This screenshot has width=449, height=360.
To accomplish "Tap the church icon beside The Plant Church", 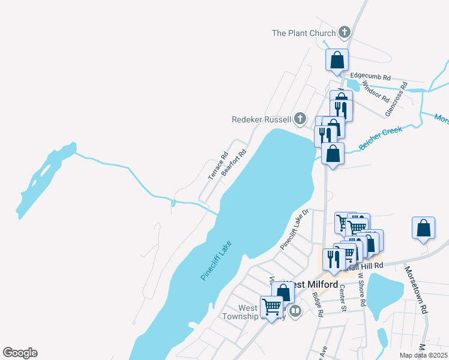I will click(x=344, y=32).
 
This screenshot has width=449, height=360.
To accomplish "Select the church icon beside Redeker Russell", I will click(x=300, y=119).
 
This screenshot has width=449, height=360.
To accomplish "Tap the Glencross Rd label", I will click(x=396, y=100).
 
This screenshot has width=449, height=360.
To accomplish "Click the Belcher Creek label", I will click(x=381, y=139).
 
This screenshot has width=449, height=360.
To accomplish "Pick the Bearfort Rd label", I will click(x=234, y=162).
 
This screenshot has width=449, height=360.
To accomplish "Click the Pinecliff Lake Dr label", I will click(x=294, y=229).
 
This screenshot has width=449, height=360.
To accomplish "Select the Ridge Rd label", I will click(x=318, y=304).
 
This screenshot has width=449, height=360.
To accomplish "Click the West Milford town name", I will click(x=306, y=284).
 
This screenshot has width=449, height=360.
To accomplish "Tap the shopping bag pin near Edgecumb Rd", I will click(x=337, y=60).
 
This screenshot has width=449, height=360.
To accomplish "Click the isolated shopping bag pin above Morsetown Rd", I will click(x=424, y=228).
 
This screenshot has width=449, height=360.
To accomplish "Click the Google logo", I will click(x=20, y=353).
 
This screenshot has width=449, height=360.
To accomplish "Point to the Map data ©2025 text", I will click(x=423, y=355).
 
